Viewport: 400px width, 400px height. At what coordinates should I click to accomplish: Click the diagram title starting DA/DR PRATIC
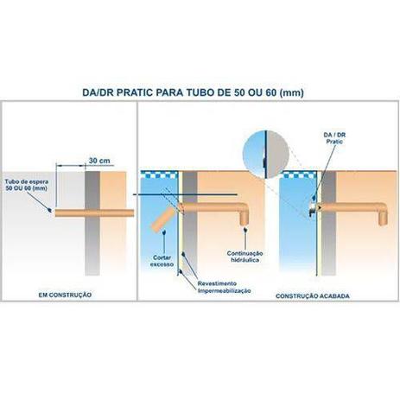tap(193, 92)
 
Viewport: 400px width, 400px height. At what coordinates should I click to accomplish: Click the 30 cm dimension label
tap(99, 161)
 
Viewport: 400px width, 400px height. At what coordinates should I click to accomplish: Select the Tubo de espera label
tap(27, 185)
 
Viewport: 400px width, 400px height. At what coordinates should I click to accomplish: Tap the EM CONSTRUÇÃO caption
tap(65, 295)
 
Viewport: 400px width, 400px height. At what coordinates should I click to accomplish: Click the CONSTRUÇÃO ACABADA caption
tap(313, 296)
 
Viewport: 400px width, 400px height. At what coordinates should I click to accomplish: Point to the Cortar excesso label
tap(162, 261)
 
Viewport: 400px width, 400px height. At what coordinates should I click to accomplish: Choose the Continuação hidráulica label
tap(244, 257)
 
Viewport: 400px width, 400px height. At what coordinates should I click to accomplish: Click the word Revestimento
tap(217, 283)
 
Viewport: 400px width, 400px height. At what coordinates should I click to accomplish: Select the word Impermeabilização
tap(224, 291)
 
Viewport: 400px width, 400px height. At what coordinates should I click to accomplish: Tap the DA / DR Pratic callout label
tap(334, 138)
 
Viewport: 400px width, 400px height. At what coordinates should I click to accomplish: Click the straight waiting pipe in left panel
tap(94, 213)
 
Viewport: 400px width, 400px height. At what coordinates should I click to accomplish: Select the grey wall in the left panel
tap(92, 223)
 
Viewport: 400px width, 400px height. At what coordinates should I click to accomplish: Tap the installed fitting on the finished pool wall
tap(312, 208)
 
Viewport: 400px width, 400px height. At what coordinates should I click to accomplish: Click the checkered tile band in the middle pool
tap(160, 175)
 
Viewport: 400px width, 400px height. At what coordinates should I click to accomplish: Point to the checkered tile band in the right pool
tap(298, 175)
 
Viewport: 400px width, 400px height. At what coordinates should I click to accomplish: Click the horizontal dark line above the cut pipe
tap(185, 195)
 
